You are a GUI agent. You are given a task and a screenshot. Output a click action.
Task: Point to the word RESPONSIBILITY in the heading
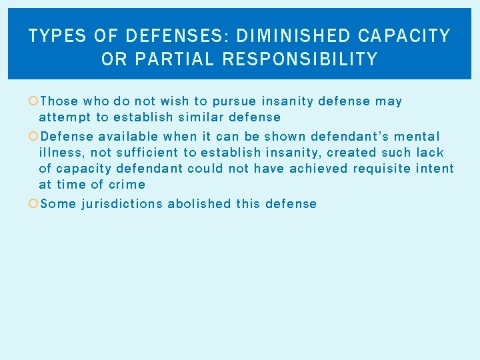(x=300, y=59)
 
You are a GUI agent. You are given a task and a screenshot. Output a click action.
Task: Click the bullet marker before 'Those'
(x=33, y=101)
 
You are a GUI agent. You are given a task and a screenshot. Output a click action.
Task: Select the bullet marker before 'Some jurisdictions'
(x=33, y=203)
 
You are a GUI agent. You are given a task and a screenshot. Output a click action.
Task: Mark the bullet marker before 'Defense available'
(x=33, y=136)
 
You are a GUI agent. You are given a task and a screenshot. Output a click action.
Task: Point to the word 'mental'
(x=418, y=136)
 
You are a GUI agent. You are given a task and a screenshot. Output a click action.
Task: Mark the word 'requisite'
(x=383, y=169)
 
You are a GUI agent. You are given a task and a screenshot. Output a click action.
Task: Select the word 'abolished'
(x=199, y=203)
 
